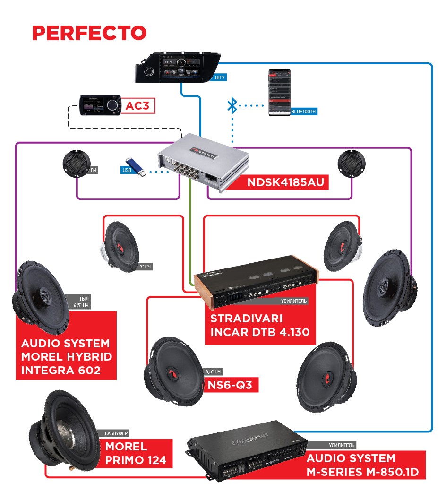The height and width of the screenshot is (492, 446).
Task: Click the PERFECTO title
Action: coord(89,33)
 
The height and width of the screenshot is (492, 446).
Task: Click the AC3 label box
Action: coord(137,106)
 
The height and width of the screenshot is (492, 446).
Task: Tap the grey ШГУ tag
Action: coord(220,77)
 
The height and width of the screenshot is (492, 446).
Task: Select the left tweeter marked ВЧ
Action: coord(76,164)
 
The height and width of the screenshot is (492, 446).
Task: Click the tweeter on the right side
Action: coord(351,164)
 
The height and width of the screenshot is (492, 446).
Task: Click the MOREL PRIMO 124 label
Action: coord(136,453)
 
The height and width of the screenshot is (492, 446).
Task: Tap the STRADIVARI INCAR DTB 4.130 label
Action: coord(259,324)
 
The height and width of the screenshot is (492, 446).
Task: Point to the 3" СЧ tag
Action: coord(146,267)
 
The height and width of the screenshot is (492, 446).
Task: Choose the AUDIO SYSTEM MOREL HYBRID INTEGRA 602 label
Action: coord(66,357)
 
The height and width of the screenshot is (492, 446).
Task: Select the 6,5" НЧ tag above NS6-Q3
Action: coord(214,371)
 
